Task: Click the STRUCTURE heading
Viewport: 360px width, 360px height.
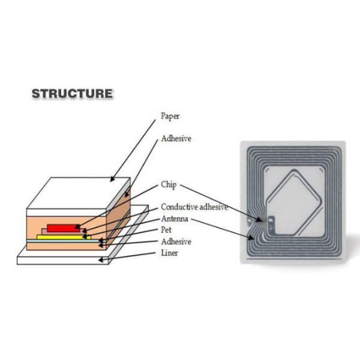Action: click(x=71, y=94)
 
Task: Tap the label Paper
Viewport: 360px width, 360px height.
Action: click(x=170, y=116)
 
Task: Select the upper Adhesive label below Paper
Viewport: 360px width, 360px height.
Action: click(x=176, y=138)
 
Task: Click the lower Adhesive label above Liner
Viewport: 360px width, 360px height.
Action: click(x=176, y=241)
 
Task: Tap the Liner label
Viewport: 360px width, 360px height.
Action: click(x=169, y=253)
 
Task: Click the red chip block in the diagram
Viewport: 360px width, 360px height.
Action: click(x=64, y=228)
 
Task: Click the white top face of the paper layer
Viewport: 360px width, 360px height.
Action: click(x=78, y=193)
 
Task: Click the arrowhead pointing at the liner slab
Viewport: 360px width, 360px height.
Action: click(x=101, y=259)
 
